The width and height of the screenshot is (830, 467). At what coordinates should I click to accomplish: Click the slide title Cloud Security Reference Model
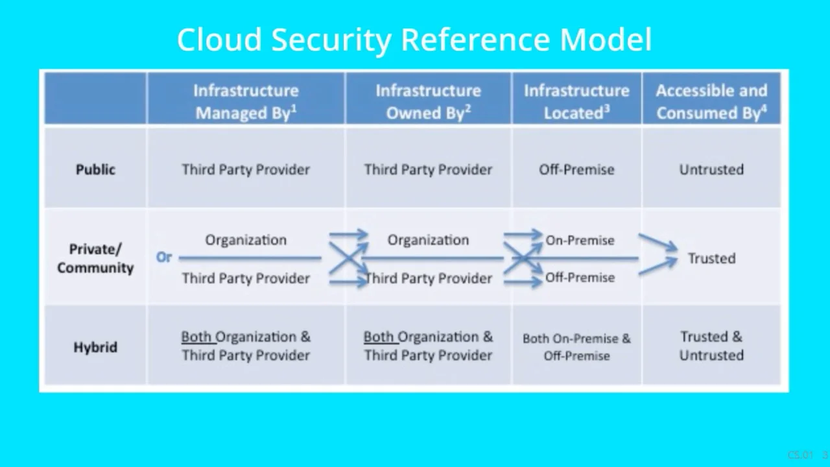point(414,40)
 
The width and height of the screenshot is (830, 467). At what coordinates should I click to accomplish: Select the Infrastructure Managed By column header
point(246,102)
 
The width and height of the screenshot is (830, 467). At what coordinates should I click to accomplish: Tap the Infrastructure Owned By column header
point(428,102)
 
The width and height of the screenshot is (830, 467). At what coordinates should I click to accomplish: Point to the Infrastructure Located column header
point(576,102)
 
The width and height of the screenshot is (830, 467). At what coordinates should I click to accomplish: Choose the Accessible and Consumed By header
point(711,102)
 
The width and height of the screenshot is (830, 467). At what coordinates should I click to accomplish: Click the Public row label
point(95,169)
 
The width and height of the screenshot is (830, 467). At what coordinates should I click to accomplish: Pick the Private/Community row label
point(95,258)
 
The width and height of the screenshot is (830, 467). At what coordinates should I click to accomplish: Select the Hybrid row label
point(95,347)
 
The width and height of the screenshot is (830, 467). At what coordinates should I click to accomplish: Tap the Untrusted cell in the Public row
point(711,169)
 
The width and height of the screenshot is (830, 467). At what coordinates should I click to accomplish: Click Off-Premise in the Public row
point(576,169)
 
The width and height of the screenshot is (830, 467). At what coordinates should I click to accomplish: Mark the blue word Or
point(164,257)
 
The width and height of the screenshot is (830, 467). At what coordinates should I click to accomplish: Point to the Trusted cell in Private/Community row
point(711,258)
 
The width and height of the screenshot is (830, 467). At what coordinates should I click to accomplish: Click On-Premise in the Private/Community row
point(580,240)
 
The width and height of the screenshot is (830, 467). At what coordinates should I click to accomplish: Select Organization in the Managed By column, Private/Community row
point(246,240)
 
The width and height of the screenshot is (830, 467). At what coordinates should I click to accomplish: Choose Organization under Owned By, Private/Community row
point(428,240)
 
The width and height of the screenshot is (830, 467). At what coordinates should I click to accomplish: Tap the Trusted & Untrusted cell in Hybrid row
point(711,346)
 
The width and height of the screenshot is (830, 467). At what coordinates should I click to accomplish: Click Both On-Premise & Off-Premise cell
point(576,347)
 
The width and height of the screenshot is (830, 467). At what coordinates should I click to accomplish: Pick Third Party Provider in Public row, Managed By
point(246,169)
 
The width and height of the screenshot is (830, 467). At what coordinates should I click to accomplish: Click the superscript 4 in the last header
point(764,108)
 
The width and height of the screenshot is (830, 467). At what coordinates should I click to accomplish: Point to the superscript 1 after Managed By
point(294,108)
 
